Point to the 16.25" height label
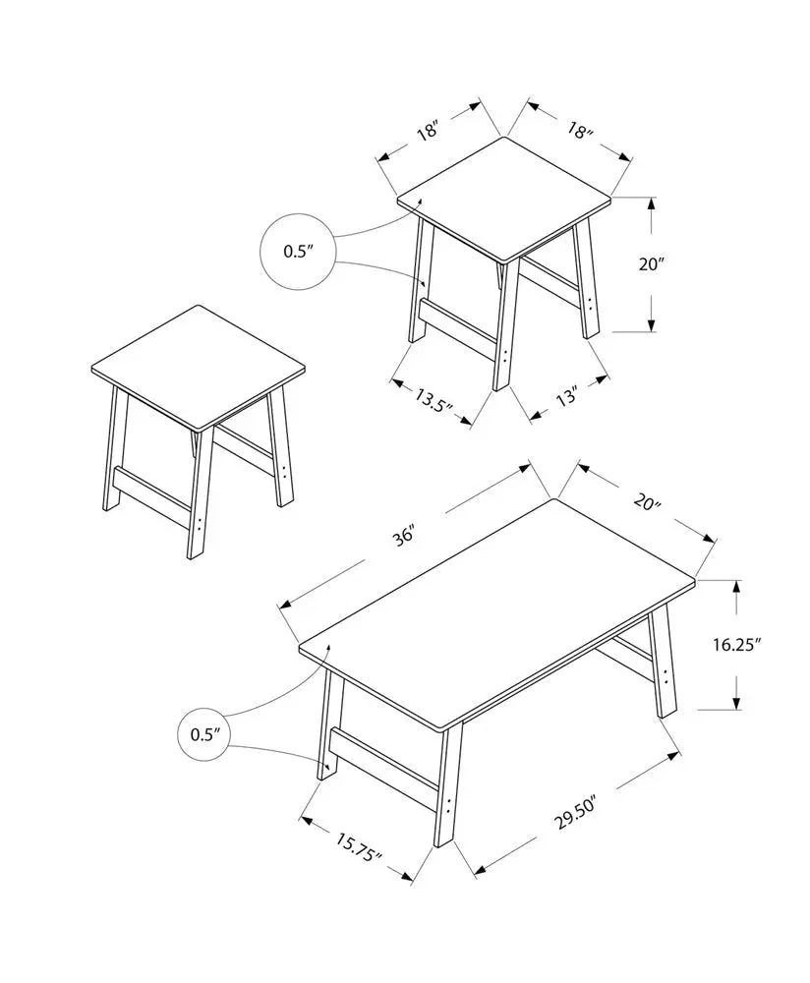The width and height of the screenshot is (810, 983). click(x=736, y=645)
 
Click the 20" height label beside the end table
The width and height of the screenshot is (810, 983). click(x=652, y=264)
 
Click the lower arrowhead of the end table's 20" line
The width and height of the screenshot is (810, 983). click(x=652, y=326)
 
